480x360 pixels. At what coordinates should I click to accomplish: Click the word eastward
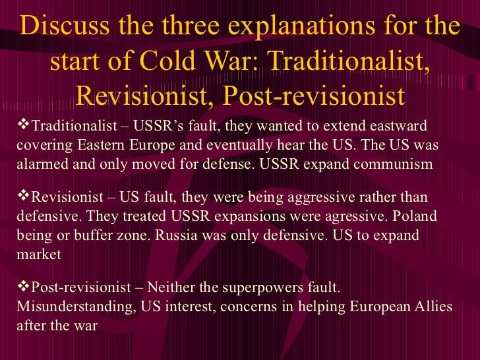click(x=395, y=126)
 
